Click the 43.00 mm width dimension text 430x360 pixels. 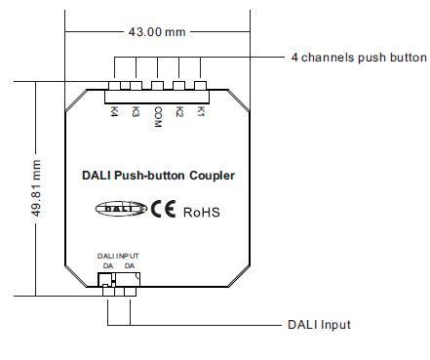click(x=157, y=31)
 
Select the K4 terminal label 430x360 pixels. click(x=114, y=112)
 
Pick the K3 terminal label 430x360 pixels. click(x=136, y=112)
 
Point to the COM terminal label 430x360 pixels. click(x=157, y=116)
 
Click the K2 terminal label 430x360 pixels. click(x=179, y=112)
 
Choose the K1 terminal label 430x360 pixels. click(x=201, y=112)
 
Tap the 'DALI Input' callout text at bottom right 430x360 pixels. click(x=319, y=325)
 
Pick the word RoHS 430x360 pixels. click(x=203, y=210)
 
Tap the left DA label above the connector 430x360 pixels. click(x=107, y=265)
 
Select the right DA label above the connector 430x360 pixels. click(x=130, y=265)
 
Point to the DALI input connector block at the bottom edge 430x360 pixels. click(x=118, y=282)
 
